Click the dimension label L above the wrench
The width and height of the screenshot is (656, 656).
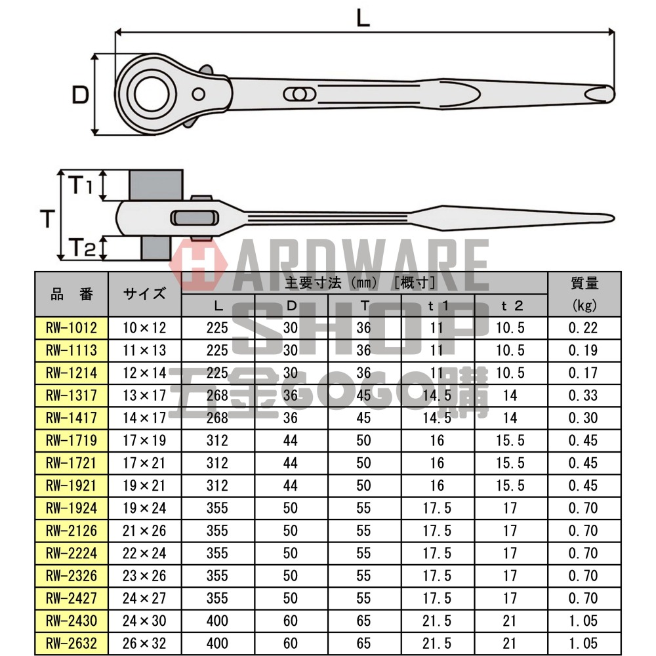click(x=363, y=18)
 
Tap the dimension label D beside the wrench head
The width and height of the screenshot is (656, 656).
click(x=79, y=96)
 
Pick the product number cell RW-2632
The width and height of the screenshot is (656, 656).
click(x=72, y=643)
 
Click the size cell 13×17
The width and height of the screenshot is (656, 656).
click(x=144, y=396)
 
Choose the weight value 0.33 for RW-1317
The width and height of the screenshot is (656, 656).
click(x=583, y=396)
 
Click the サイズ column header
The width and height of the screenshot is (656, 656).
click(x=144, y=294)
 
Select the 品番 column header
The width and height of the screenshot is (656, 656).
click(x=72, y=294)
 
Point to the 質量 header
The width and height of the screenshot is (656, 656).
click(x=583, y=283)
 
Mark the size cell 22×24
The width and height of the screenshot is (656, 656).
click(x=144, y=553)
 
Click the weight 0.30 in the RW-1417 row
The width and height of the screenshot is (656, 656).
click(x=583, y=418)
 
